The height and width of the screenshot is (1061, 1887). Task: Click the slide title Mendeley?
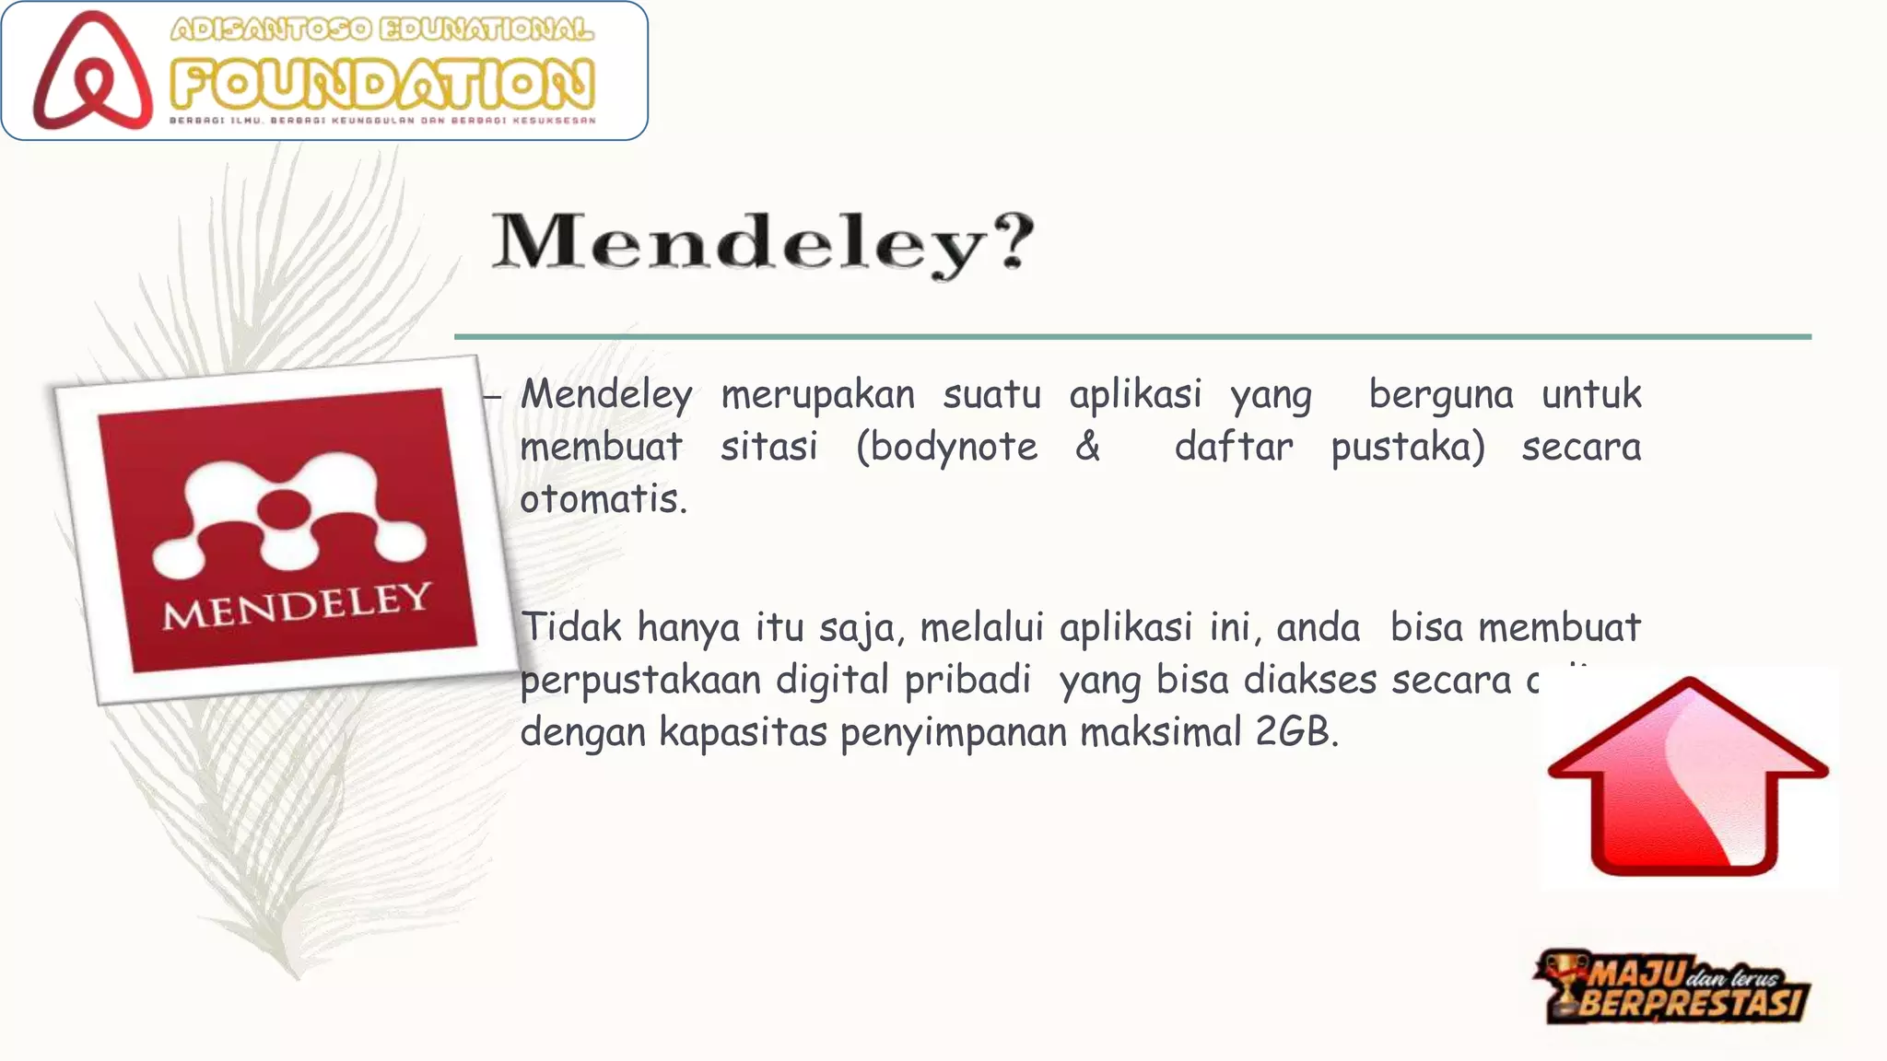(x=763, y=242)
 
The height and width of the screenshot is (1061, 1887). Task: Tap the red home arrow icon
(x=1688, y=778)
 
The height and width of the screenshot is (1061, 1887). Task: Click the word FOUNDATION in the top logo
(x=382, y=85)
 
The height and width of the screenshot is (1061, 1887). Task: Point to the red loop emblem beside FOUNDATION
(x=92, y=71)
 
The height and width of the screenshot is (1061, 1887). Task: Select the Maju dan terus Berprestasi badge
(x=1672, y=987)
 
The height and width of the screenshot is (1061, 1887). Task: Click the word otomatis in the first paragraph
(x=604, y=499)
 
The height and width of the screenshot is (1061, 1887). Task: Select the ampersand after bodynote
(x=1088, y=447)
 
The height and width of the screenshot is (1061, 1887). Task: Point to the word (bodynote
(x=946, y=448)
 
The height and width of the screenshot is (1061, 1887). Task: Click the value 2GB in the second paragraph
(x=1296, y=732)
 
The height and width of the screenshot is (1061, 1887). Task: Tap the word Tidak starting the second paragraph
(x=572, y=627)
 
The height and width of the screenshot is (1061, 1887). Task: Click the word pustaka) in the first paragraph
(x=1408, y=448)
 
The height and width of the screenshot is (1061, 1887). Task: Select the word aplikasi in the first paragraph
(x=1135, y=395)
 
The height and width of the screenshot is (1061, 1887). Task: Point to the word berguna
(x=1441, y=395)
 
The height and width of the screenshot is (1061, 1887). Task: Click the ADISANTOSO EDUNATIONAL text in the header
(x=382, y=29)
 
